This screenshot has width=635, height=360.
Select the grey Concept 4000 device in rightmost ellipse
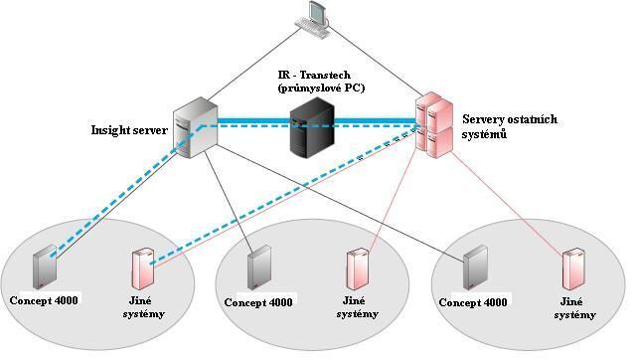pos(476,266)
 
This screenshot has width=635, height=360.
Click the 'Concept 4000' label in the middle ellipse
pos(258,302)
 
